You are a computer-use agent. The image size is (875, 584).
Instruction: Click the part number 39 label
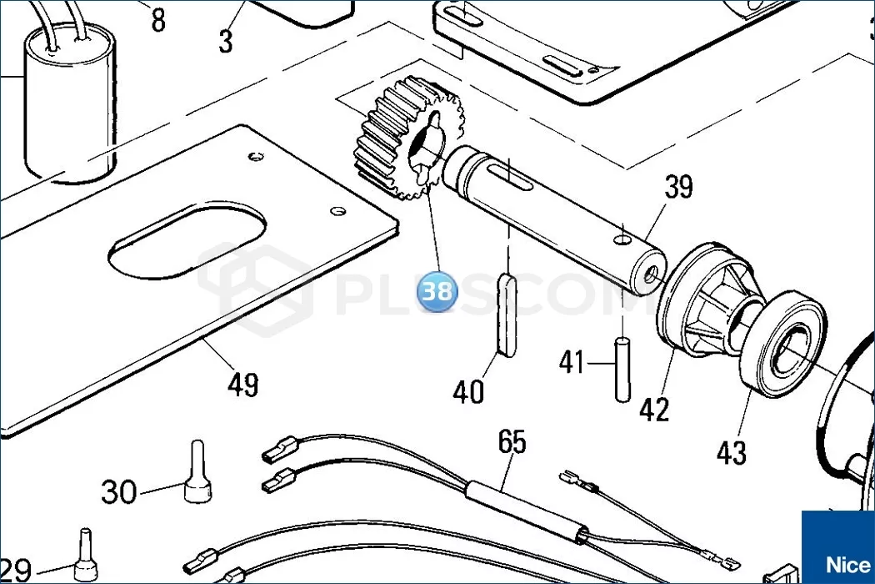678,187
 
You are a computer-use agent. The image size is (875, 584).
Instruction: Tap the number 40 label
468,392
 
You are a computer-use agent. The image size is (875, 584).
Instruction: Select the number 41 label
572,362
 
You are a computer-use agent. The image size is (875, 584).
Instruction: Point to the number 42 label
654,410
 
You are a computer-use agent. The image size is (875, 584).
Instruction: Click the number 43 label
731,453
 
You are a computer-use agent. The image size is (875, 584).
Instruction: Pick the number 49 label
242,385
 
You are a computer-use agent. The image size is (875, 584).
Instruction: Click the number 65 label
512,442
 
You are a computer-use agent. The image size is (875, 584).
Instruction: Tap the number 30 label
119,492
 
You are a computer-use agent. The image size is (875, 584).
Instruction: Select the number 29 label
16,571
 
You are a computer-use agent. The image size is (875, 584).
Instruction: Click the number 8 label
158,21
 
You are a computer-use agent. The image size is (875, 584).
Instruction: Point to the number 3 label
226,42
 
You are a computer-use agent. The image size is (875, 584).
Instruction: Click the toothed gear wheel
408,138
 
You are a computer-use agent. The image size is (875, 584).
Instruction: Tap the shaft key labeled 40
507,314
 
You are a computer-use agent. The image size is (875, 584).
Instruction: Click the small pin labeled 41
622,369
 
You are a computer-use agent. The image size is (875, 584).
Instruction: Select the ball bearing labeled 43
782,345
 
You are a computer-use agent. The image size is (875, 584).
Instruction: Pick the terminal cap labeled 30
197,472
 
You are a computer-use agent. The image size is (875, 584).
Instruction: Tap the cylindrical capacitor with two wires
70,103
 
